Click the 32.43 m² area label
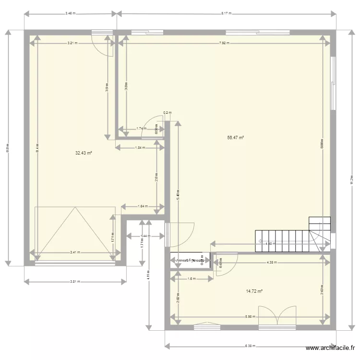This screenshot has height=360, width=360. [x=84, y=153]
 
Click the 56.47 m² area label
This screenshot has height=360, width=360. [x=236, y=138]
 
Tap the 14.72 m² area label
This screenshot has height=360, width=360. [x=254, y=291]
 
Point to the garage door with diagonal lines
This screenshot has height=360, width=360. [x=74, y=233]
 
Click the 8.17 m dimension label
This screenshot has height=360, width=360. [x=227, y=13]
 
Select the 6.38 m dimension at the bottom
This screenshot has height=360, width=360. [x=250, y=346]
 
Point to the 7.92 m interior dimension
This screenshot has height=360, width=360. [x=224, y=43]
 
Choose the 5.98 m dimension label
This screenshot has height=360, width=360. [x=250, y=316]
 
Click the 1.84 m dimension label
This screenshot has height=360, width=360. [x=140, y=148]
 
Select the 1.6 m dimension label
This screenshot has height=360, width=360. [x=191, y=279]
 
